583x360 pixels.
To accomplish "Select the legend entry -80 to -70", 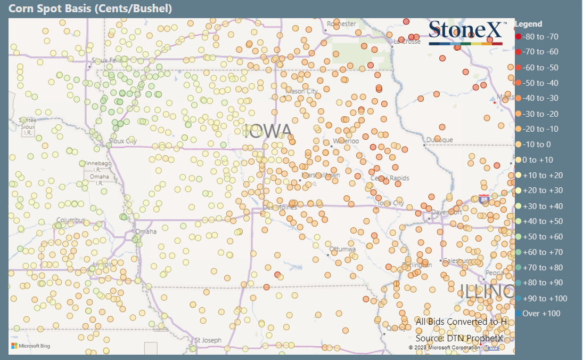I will [x=540, y=37].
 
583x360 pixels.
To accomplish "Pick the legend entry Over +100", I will [x=541, y=314].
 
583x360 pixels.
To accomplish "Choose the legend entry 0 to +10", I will [x=538, y=160].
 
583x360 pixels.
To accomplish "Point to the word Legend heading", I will [x=529, y=24].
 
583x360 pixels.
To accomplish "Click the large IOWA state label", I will [x=269, y=131].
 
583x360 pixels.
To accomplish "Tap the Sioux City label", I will [x=122, y=141].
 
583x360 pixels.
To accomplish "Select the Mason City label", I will [x=302, y=91].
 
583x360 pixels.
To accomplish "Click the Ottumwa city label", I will [x=342, y=249].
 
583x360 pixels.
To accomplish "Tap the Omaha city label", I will [x=146, y=232].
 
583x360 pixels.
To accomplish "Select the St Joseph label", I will [x=208, y=340].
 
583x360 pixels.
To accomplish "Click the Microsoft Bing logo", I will [x=30, y=346].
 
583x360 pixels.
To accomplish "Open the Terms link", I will [x=492, y=348].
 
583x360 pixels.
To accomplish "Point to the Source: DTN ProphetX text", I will [x=459, y=338].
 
